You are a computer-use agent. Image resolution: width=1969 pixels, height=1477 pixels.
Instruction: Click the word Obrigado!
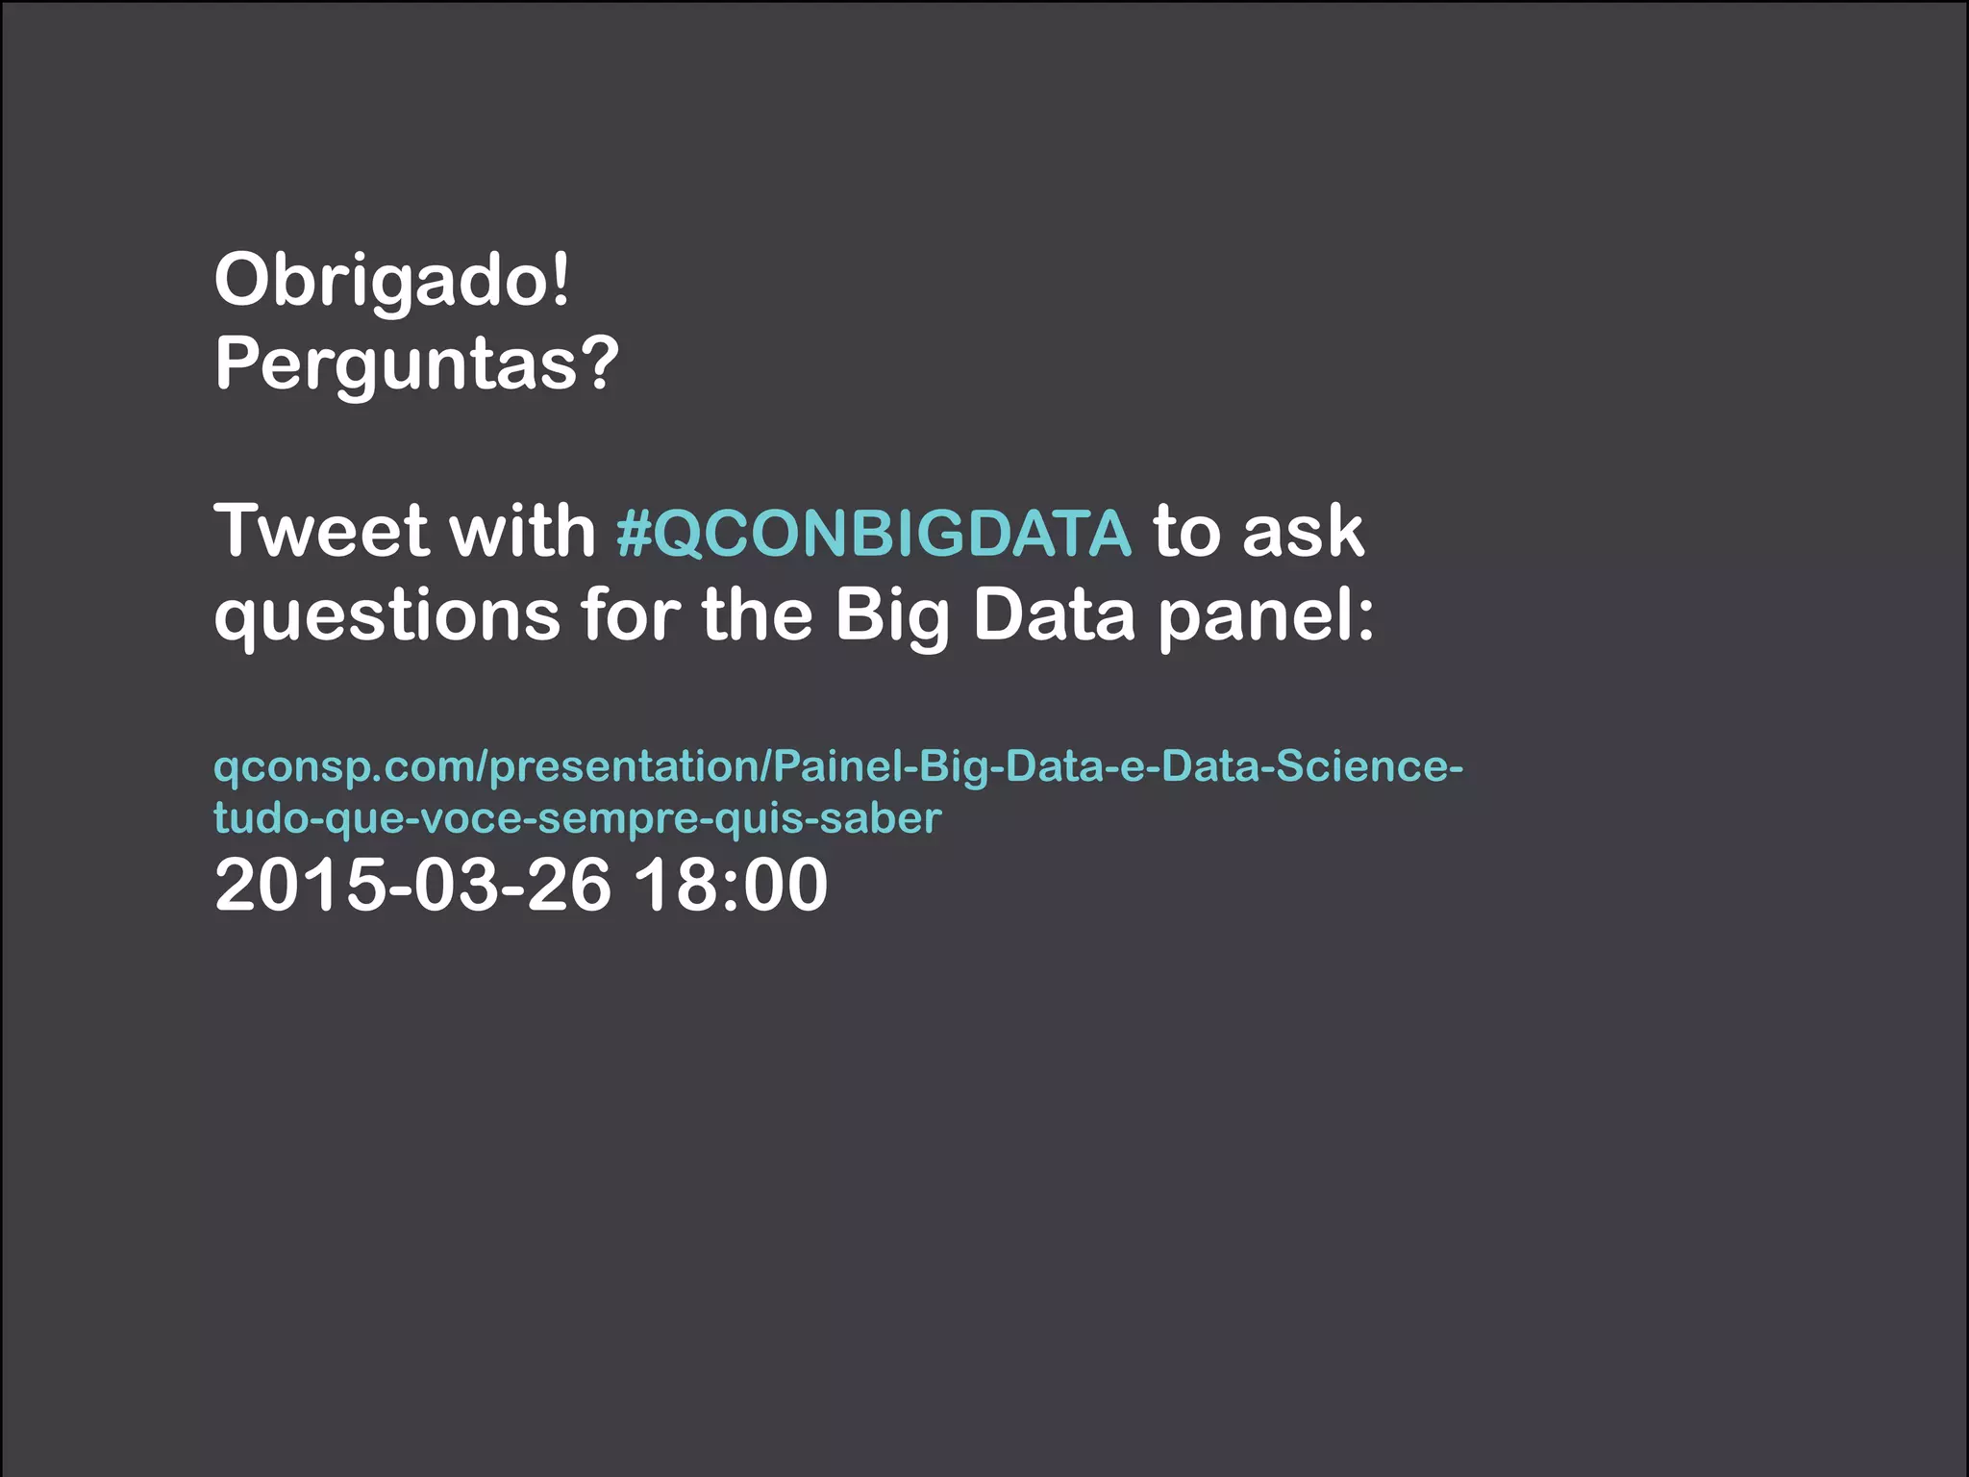392,281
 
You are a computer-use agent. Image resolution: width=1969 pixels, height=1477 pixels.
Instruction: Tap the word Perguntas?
416,365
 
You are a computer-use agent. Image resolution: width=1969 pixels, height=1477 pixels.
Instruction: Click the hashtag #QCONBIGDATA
874,533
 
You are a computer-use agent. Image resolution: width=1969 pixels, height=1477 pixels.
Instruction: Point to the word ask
1303,531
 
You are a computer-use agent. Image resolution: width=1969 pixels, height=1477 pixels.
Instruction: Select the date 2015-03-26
412,885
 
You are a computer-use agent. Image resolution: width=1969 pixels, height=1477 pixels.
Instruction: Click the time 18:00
731,885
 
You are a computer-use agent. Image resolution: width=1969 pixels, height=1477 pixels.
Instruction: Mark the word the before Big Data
758,615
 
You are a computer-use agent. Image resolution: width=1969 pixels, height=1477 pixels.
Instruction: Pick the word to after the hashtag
1186,531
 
